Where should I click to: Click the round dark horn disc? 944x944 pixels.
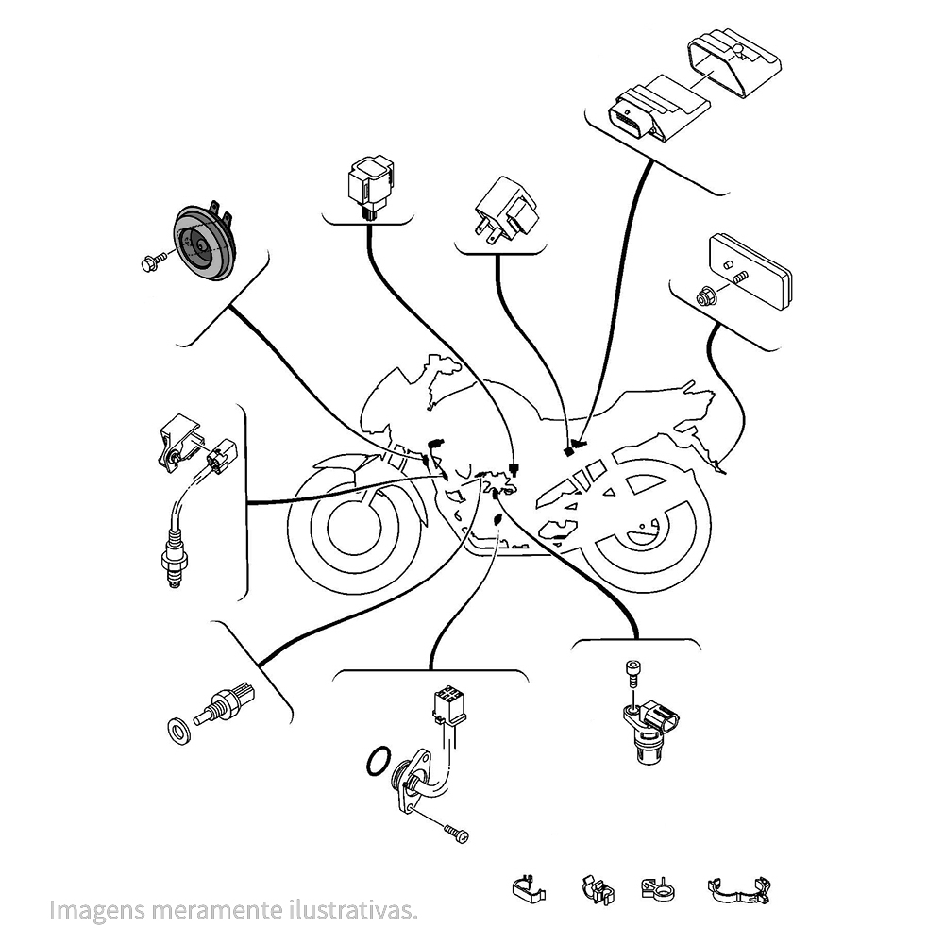(x=199, y=244)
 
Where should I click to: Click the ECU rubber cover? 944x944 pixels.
(x=737, y=62)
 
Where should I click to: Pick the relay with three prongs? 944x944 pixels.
(x=507, y=210)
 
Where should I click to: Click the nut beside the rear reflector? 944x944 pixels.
(x=704, y=296)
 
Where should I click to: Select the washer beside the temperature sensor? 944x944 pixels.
(x=177, y=729)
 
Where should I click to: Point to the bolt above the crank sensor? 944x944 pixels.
(x=632, y=673)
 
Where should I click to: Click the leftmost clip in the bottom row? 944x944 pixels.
(x=529, y=888)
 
